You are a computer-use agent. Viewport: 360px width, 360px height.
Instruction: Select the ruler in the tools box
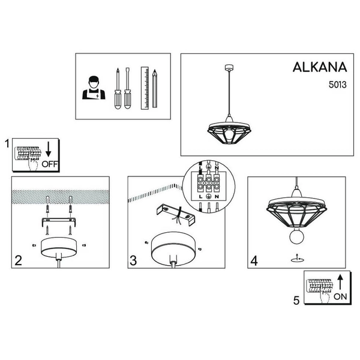[x=145, y=88]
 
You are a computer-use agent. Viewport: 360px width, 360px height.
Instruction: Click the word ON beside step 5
[x=340, y=296]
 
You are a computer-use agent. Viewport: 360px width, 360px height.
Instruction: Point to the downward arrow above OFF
[x=50, y=149]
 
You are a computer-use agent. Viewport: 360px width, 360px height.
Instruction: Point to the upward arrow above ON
[x=340, y=281]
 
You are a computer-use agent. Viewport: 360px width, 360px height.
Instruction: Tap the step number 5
[x=296, y=300]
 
